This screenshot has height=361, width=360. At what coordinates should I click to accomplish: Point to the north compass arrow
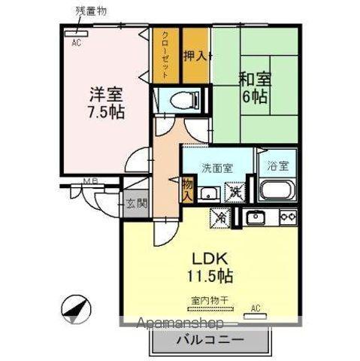pos(76,308)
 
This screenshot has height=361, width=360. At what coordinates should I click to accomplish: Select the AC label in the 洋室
pos(75,43)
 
